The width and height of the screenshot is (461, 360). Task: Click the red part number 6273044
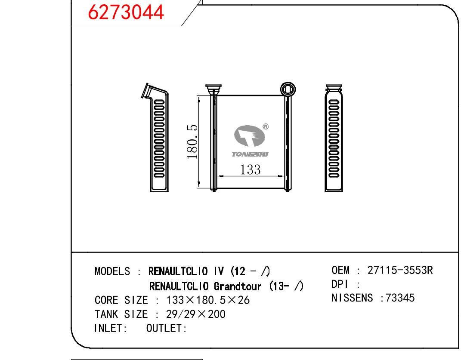[x=126, y=12]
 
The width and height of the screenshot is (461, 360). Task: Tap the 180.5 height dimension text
[x=192, y=142]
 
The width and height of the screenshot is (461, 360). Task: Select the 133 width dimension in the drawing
[x=250, y=169]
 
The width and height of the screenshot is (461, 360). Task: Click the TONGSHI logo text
[x=250, y=154]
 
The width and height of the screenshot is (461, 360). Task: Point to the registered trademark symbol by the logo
[x=266, y=126]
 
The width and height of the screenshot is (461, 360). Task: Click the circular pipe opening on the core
[x=288, y=89]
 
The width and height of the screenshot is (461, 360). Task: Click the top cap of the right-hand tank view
[x=334, y=87]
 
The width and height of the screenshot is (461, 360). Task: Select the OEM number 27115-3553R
[x=400, y=270]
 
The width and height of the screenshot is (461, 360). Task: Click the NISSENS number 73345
[x=400, y=298]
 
